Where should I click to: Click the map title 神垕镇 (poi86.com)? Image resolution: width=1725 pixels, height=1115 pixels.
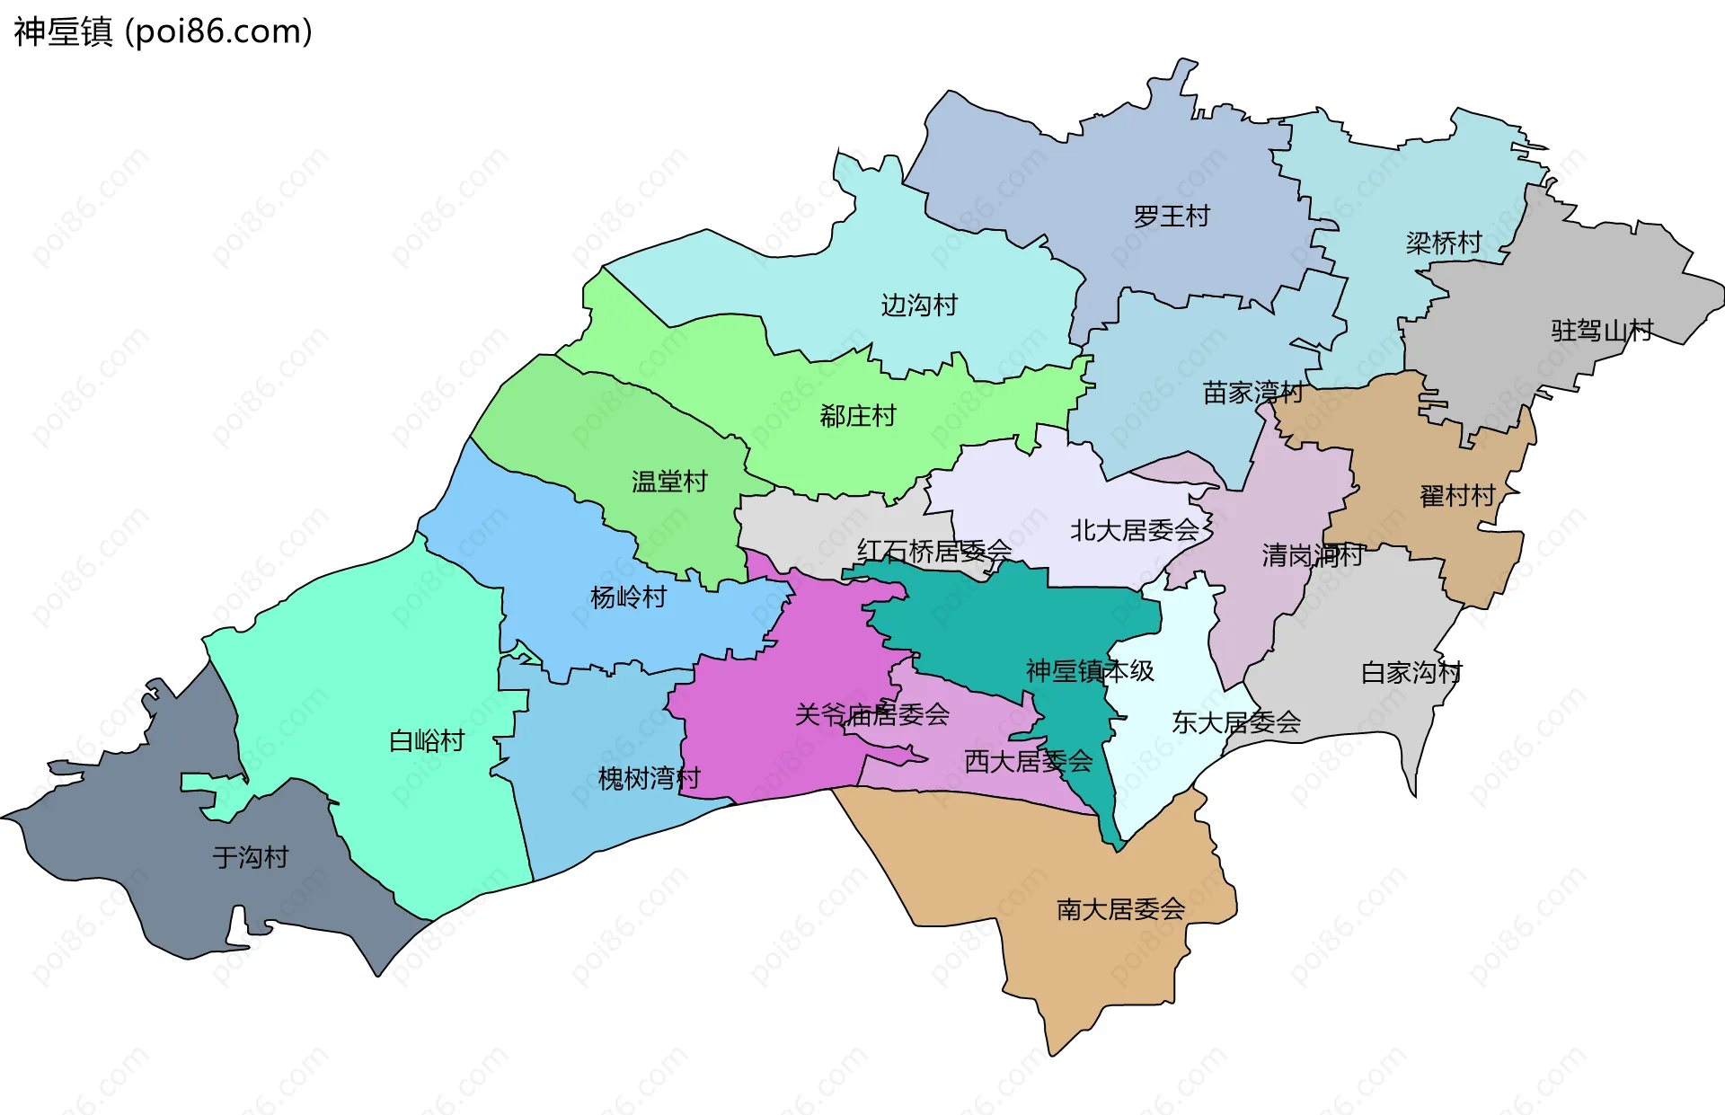(x=163, y=31)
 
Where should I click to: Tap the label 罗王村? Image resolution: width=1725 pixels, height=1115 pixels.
(x=1172, y=217)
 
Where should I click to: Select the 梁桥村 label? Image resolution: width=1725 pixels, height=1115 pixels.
(x=1444, y=243)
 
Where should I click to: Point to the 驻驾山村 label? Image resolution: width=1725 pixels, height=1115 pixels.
(x=1602, y=331)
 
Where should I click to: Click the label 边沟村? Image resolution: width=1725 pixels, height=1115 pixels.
(x=919, y=305)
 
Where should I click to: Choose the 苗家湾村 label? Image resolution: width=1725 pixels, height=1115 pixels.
(x=1252, y=393)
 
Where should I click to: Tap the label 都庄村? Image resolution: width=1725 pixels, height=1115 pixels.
(x=858, y=416)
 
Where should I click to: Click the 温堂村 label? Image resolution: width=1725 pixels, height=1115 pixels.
(x=669, y=482)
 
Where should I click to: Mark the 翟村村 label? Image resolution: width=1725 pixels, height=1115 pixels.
(x=1457, y=496)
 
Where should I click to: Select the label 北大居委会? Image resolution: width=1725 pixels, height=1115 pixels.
(x=1135, y=530)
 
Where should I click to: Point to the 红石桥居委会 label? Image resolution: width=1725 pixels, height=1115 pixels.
(x=934, y=551)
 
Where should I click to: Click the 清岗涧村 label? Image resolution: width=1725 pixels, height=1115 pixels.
(x=1313, y=555)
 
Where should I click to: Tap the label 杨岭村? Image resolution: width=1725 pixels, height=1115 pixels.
(x=628, y=597)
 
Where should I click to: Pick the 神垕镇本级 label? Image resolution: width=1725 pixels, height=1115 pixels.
(x=1090, y=670)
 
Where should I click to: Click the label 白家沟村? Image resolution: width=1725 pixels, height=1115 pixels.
(x=1411, y=672)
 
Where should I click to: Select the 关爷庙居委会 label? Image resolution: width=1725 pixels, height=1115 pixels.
(x=872, y=715)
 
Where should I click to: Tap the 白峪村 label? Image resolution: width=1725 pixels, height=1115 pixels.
(x=427, y=741)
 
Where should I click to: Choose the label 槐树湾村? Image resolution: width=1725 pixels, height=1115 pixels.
(x=649, y=778)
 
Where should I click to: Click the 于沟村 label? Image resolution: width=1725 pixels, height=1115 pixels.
(x=251, y=857)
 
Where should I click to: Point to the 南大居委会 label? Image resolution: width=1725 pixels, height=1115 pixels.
(x=1120, y=909)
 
